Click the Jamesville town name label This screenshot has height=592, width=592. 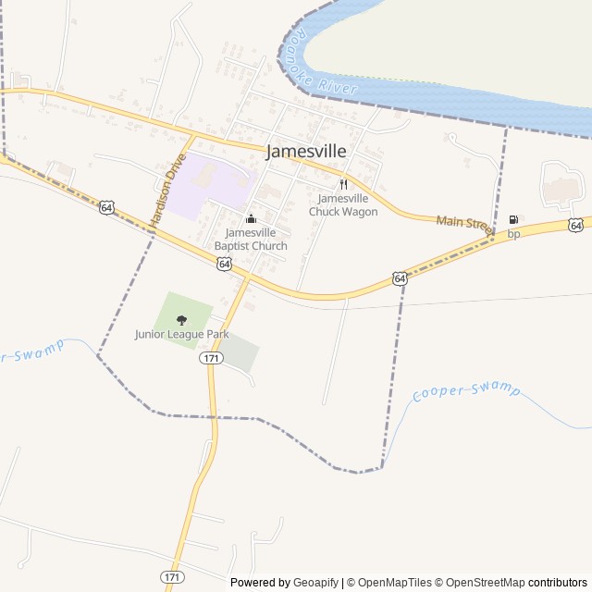click(307, 152)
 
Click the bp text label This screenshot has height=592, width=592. click(513, 234)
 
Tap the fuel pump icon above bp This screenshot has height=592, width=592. click(513, 220)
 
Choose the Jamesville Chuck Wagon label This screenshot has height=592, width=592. click(343, 205)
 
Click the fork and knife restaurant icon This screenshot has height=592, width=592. click(343, 184)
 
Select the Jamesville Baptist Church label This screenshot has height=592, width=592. click(251, 239)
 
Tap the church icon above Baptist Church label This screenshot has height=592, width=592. click(251, 219)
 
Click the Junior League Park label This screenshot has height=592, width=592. click(181, 334)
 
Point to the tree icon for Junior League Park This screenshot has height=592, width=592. click(181, 319)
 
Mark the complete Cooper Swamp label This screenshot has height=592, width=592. click(466, 390)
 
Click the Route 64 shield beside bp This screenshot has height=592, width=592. click(576, 225)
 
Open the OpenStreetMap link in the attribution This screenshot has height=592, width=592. click(480, 583)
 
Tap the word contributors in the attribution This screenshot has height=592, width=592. click(558, 583)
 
